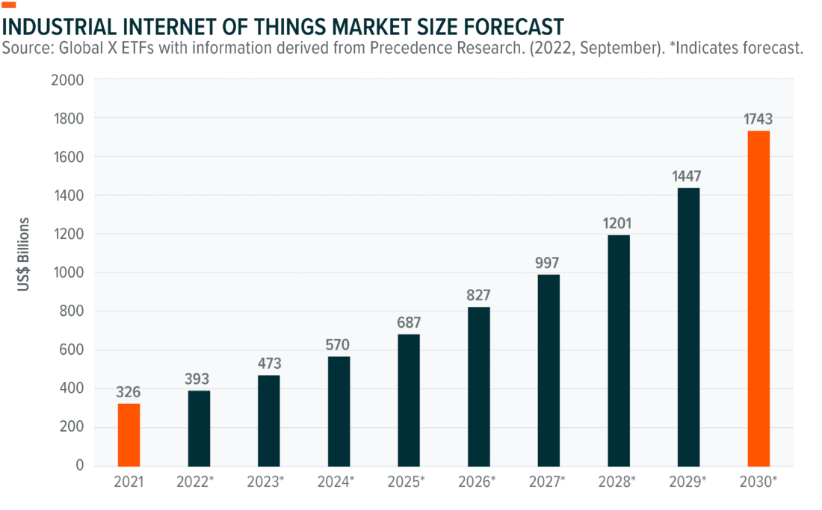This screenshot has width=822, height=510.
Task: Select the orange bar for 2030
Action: (x=758, y=298)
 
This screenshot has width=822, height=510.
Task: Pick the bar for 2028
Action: (x=619, y=350)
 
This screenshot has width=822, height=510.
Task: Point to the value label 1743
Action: (x=758, y=118)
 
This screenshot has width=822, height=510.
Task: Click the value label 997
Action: (x=548, y=263)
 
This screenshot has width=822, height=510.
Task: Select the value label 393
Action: (x=199, y=379)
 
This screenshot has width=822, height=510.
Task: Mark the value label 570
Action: (x=339, y=345)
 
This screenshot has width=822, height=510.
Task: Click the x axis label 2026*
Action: (x=478, y=482)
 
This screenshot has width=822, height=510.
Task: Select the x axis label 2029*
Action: (x=688, y=482)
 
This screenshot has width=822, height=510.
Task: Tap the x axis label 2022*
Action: (x=199, y=482)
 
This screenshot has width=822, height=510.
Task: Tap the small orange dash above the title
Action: (x=10, y=6)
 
